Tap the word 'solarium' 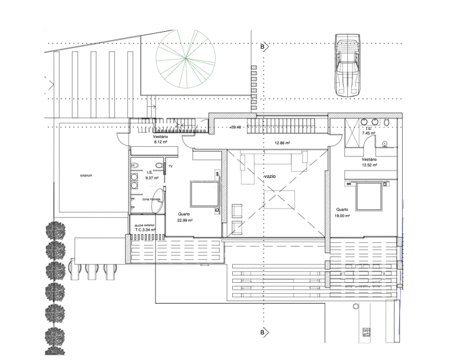tap(85, 175)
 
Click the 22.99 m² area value tap(185, 220)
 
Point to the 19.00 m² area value tap(342, 217)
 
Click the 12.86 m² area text tap(282, 143)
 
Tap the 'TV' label tap(171, 166)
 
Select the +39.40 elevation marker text tap(235, 127)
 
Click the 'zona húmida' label tap(150, 200)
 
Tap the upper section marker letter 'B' tap(261, 47)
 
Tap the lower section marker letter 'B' tap(261, 332)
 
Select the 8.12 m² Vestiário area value tap(160, 143)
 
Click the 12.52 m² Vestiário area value tap(369, 165)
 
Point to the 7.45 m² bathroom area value tap(369, 134)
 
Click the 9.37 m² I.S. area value tap(150, 178)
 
